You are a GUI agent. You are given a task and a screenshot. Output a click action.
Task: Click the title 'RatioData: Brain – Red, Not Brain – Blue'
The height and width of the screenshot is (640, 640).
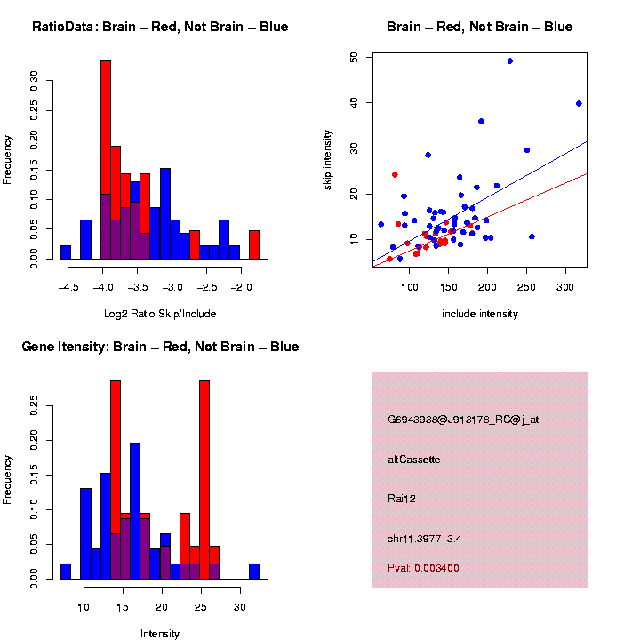(x=160, y=27)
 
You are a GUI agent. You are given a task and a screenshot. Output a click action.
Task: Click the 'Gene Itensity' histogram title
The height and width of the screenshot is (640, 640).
(x=160, y=347)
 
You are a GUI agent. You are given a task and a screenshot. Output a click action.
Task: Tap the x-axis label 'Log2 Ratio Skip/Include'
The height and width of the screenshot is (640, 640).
(x=159, y=314)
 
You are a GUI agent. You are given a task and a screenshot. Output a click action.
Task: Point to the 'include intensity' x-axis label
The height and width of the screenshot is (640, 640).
(x=480, y=314)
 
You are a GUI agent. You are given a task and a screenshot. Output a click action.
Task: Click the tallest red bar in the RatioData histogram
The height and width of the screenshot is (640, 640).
(x=106, y=124)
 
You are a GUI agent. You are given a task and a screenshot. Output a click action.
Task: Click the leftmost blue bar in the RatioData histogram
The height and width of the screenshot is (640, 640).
(x=66, y=252)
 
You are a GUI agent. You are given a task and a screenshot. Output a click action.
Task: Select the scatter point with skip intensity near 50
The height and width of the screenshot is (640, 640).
(x=509, y=61)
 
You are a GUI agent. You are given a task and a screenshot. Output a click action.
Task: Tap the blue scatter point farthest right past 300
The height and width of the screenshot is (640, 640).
(x=579, y=103)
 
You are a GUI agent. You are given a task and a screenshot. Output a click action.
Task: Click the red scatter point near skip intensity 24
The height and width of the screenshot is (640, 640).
(x=395, y=174)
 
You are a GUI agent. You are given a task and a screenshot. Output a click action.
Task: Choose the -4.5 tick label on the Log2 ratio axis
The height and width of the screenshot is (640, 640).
(x=67, y=286)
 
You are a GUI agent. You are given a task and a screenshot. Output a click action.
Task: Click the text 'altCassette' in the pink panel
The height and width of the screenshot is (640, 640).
(x=414, y=460)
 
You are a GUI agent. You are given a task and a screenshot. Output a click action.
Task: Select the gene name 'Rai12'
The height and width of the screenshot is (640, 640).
(x=402, y=499)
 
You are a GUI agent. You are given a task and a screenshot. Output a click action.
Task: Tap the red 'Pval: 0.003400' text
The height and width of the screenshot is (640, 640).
(x=423, y=567)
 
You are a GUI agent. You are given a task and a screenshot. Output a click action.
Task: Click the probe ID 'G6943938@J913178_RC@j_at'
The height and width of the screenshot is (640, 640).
(x=463, y=420)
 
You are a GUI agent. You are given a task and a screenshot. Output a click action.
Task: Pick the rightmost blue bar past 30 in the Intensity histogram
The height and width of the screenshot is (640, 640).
(x=254, y=571)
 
